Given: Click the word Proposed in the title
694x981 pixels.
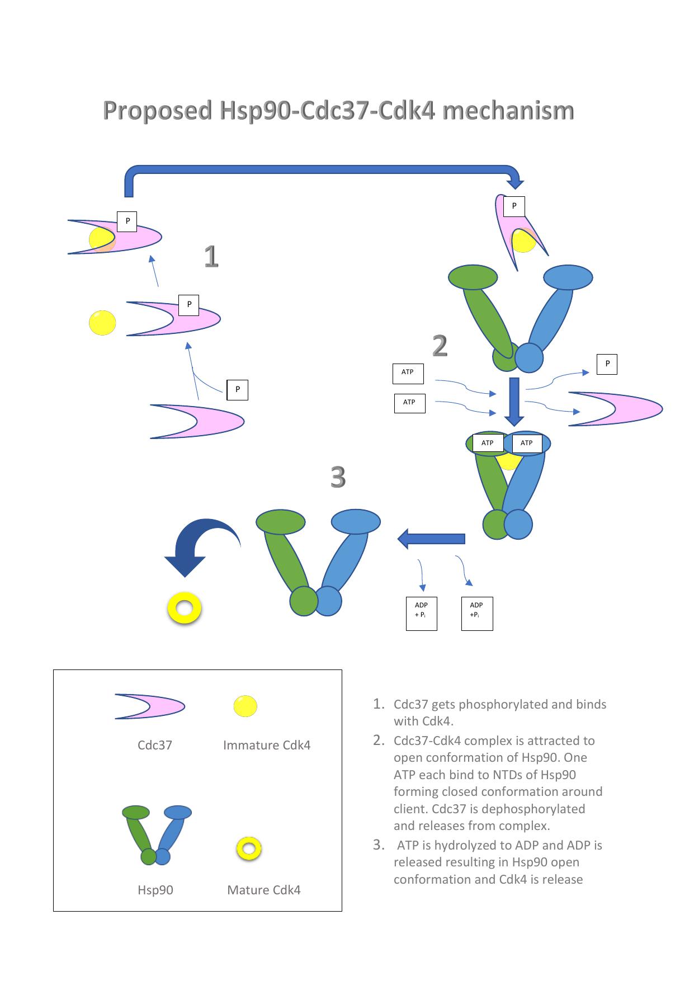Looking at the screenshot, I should coord(158,111).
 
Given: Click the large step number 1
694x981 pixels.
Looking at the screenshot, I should coord(211,257).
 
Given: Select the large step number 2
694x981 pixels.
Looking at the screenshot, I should coord(440,346).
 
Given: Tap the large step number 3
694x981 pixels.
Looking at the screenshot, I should coord(338,478).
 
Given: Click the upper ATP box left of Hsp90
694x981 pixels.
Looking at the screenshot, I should coord(408,373).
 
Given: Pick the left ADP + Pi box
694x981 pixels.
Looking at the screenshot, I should coord(421,614).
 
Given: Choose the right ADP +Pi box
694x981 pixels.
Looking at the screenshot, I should coord(476,614).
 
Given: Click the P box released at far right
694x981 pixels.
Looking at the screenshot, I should coord(607,364).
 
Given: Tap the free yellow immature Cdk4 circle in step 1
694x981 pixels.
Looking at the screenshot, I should coord(102,323).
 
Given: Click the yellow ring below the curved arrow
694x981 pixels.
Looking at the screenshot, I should coord(184,609).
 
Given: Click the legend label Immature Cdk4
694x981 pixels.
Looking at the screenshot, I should coord(266,745).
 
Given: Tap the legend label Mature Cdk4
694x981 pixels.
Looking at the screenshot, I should coord(263,890).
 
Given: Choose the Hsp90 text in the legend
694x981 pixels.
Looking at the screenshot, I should coord(155,890).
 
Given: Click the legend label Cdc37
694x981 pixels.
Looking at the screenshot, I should coord(154,745).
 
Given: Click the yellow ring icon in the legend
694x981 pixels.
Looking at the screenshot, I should coord(249,848).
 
